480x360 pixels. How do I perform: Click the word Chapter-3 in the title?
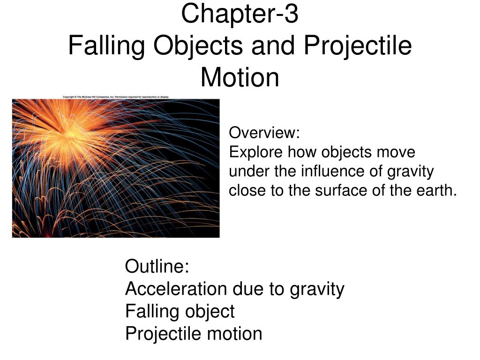[240, 14]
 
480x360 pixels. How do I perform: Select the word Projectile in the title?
[358, 46]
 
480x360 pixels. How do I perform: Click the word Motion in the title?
[240, 77]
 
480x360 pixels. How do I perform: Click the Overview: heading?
[264, 133]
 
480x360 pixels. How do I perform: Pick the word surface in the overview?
[331, 191]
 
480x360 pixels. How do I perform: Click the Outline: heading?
[157, 267]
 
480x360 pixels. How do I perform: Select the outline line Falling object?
[180, 311]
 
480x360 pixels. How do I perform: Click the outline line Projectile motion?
[194, 334]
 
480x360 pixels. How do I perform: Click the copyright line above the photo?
[115, 97]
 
